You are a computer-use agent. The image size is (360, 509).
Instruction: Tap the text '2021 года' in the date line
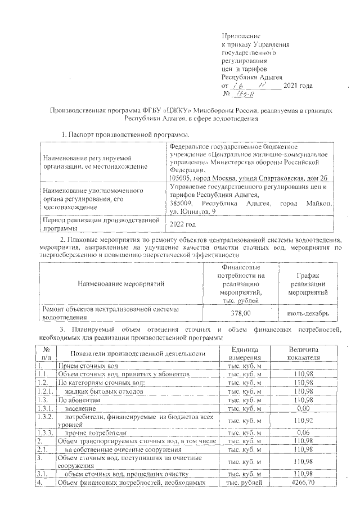298,85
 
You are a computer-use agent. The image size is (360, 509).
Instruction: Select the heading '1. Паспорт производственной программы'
125,135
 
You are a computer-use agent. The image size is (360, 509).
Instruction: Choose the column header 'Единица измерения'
244,353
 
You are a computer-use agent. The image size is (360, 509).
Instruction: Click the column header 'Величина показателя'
304,353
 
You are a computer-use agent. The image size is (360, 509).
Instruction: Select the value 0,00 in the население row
304,408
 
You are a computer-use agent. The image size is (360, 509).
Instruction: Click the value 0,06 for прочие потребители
304,433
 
